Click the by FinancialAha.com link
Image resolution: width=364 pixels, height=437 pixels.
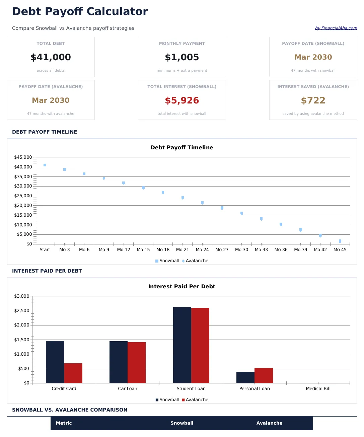click(336, 28)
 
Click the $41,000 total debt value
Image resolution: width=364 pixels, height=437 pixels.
click(51, 57)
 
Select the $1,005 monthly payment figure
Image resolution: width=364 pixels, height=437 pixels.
click(182, 57)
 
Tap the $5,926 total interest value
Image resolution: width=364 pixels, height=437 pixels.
click(182, 100)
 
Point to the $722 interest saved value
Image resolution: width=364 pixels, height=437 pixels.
click(313, 100)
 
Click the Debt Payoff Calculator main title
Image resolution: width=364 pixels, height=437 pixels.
click(80, 11)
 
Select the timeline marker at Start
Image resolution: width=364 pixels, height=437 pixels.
click(45, 165)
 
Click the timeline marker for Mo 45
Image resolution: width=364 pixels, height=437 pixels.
click(340, 241)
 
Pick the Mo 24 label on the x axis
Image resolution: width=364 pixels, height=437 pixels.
click(202, 250)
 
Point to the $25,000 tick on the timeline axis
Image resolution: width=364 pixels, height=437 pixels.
click(23, 196)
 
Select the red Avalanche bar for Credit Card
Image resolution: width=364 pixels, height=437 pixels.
click(73, 373)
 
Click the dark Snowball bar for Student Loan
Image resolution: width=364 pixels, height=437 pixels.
click(182, 345)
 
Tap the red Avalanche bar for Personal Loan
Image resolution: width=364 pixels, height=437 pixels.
click(264, 375)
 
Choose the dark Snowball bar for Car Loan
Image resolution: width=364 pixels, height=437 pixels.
click(119, 362)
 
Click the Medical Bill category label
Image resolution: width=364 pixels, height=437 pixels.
click(318, 389)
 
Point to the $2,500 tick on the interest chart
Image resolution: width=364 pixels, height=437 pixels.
click(22, 311)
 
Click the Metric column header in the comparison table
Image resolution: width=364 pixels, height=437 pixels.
click(64, 423)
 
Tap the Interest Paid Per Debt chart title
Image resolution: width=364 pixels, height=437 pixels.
click(182, 287)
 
